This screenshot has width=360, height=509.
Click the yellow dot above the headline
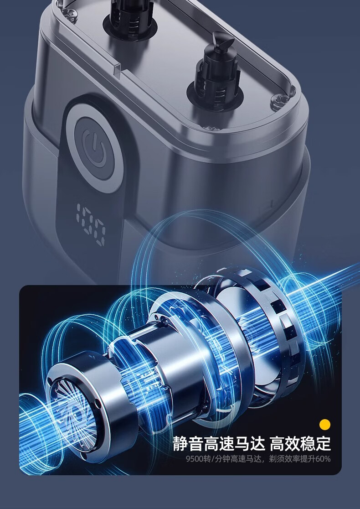pyautogui.click(x=324, y=424)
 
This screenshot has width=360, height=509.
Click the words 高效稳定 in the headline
pyautogui.click(x=300, y=443)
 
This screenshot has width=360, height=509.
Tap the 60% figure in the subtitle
pyautogui.click(x=323, y=459)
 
